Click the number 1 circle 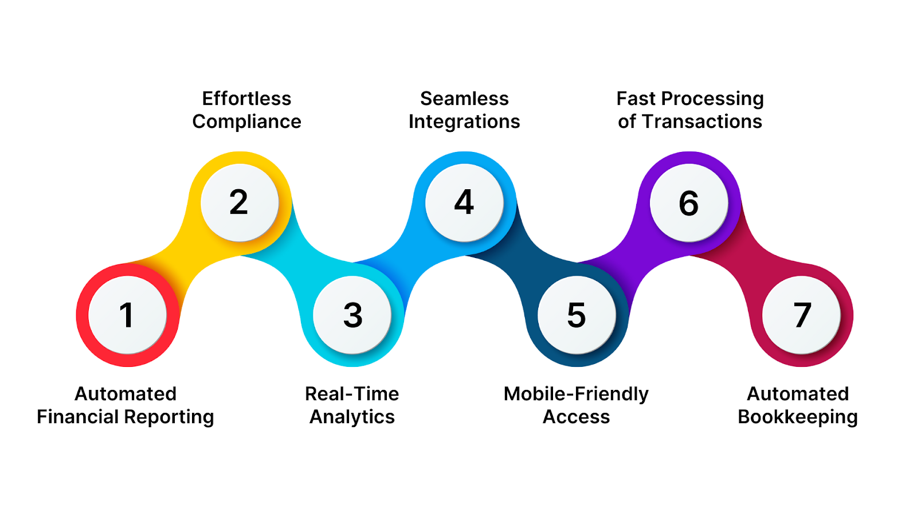tap(127, 315)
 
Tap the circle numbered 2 tap(240, 202)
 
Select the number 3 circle tap(352, 315)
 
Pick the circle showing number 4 tap(464, 202)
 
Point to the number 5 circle tap(577, 315)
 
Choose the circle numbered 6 tap(689, 202)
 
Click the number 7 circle tap(801, 315)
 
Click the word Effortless tap(246, 99)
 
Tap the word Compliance tap(246, 122)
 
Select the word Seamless tap(464, 99)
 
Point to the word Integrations tap(464, 122)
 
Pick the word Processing tap(712, 99)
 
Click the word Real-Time tap(352, 394)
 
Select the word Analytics tap(352, 417)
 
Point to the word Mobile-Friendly tap(576, 394)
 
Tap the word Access tap(576, 417)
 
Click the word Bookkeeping tap(798, 417)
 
